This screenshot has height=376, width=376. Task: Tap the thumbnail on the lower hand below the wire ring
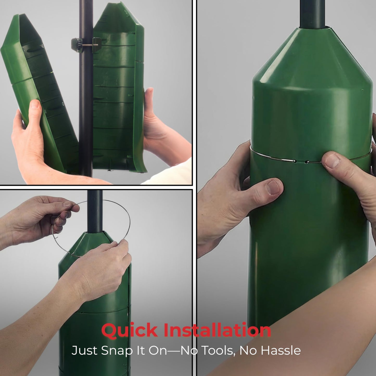click(x=274, y=188)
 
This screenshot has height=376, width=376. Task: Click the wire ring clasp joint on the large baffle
click(x=301, y=161)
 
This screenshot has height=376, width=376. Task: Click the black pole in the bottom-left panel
click(x=95, y=211)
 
